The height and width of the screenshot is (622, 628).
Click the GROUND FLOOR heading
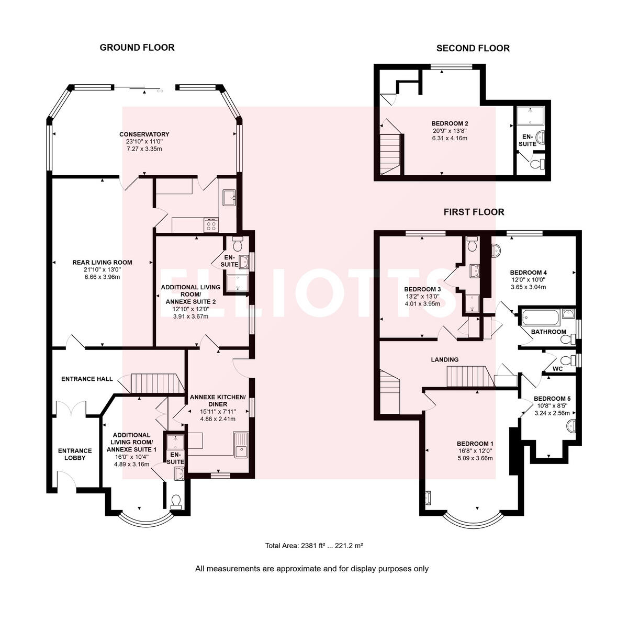pos(137,48)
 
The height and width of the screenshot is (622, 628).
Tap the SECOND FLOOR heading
pos(473,48)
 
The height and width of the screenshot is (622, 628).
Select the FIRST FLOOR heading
pos(474,212)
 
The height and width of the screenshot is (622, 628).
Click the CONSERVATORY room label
pos(144,134)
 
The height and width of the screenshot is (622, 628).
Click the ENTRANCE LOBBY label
pos(75,454)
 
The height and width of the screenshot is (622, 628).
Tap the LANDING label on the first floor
pos(445,359)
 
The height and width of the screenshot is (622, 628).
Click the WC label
pos(558,369)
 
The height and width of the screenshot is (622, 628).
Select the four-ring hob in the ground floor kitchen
pos(211,225)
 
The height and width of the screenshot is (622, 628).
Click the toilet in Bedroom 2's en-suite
pos(536,164)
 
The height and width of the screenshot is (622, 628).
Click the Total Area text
pos(314,546)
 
